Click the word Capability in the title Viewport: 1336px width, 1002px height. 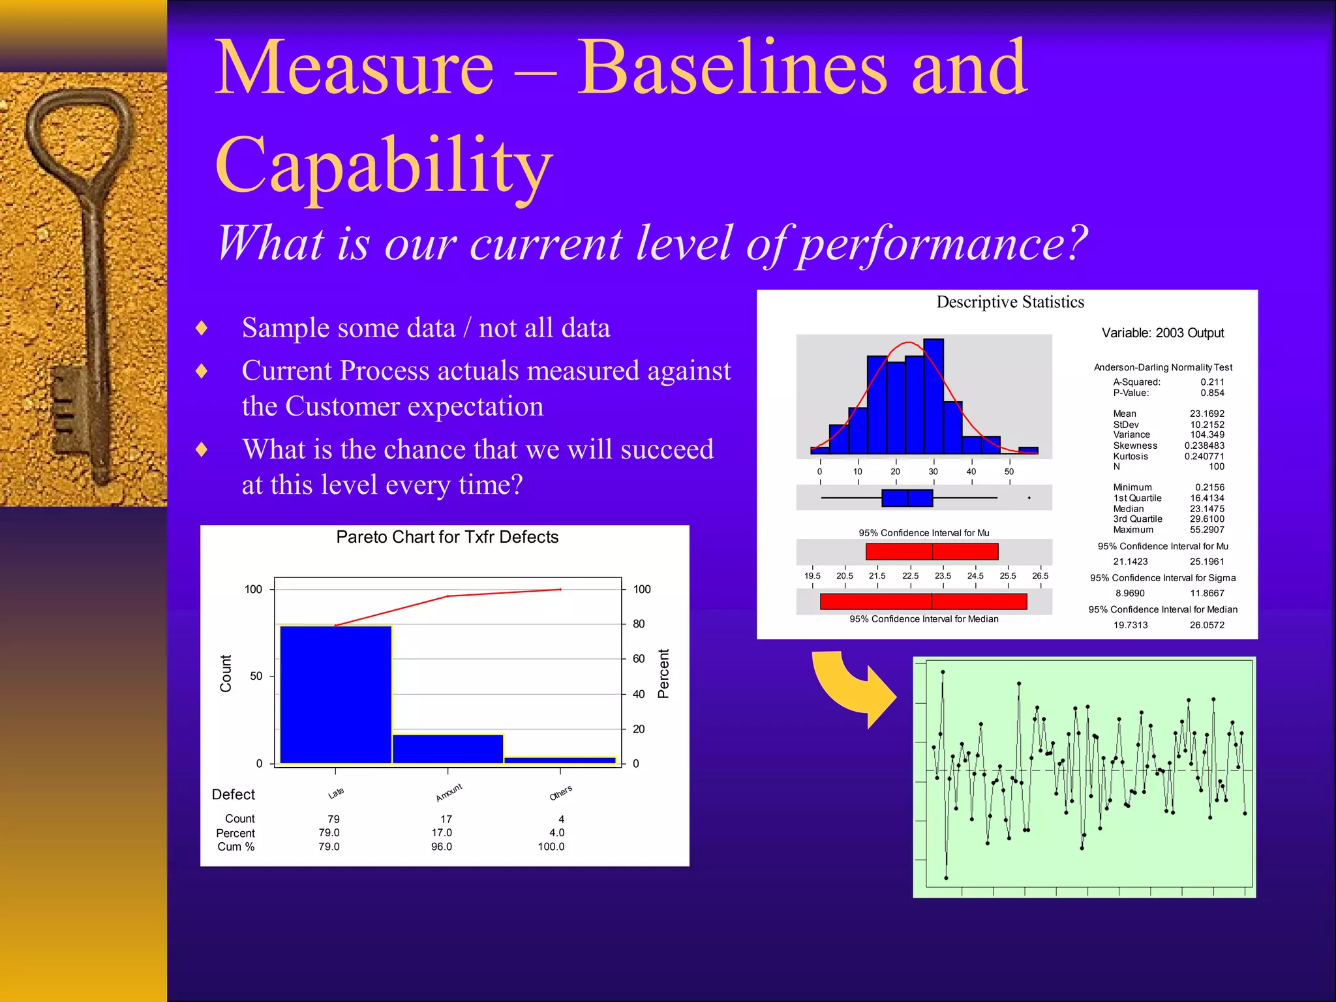(x=384, y=166)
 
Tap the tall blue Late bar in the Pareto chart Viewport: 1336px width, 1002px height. (x=335, y=695)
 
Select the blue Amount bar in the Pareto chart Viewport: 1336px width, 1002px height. (x=448, y=749)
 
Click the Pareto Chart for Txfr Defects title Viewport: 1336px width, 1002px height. (x=447, y=537)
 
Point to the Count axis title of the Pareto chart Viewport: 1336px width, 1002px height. (x=226, y=673)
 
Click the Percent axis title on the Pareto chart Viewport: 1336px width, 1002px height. (x=663, y=673)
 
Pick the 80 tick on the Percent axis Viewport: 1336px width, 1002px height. (x=638, y=624)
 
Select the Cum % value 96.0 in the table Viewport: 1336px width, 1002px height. (x=441, y=847)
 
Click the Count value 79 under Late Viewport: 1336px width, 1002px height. (x=333, y=819)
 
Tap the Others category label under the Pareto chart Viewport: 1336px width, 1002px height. (x=560, y=793)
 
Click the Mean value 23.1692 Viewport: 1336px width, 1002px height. (x=1207, y=414)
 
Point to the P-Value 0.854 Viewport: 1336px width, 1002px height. (x=1212, y=393)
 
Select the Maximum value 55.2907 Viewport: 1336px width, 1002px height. (x=1207, y=530)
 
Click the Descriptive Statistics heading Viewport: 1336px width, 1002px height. (x=1010, y=302)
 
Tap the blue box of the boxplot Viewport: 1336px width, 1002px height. (x=907, y=498)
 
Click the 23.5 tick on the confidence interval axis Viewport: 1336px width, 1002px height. (x=943, y=576)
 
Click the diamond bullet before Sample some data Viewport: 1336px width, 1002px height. (x=202, y=327)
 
